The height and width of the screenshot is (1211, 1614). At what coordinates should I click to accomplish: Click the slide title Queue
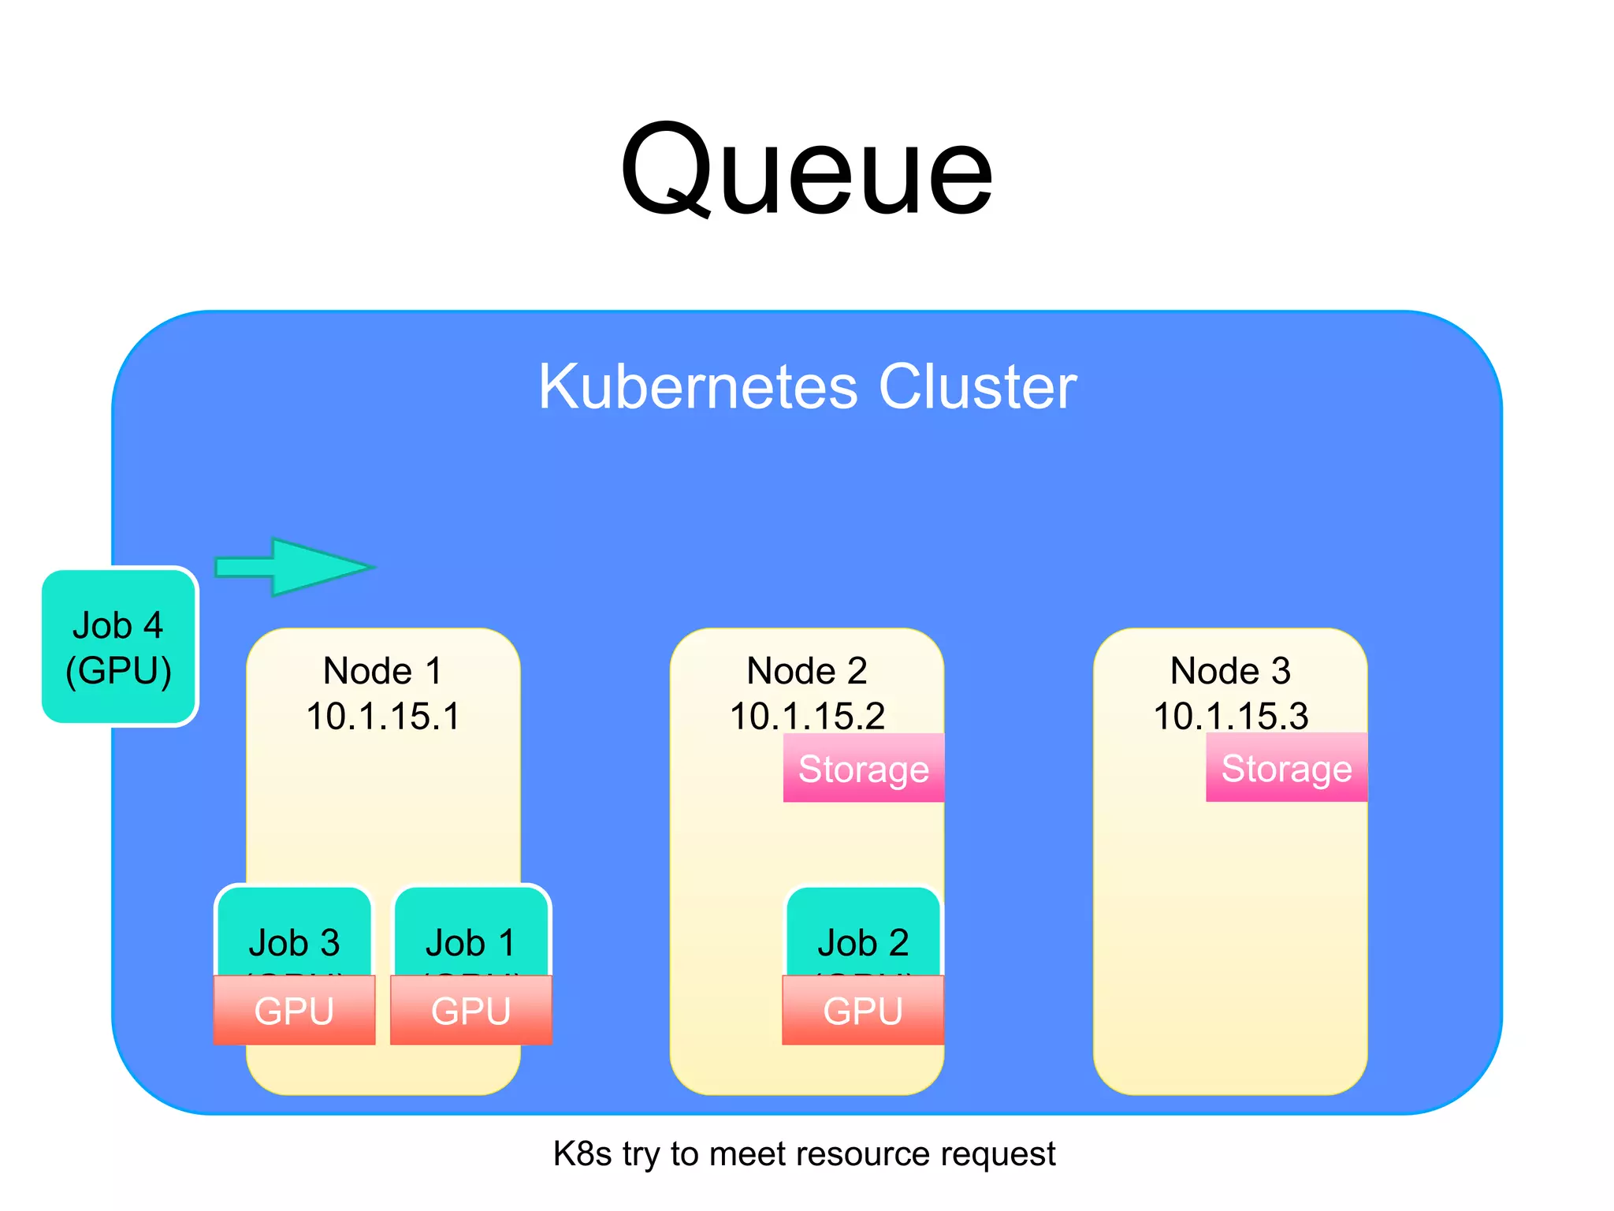(806, 169)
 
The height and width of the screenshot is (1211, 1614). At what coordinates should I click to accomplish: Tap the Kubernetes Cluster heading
(807, 386)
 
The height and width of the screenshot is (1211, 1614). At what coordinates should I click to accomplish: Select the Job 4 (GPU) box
(118, 646)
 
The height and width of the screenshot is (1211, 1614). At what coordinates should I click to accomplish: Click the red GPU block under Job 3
(294, 1011)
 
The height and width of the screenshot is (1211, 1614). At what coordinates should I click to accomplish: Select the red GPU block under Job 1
(471, 1011)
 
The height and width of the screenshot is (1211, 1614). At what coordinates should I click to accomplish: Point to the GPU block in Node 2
(863, 1011)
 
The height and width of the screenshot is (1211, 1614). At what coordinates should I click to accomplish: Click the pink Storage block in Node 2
(864, 769)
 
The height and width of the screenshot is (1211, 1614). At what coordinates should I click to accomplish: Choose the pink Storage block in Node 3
(1286, 769)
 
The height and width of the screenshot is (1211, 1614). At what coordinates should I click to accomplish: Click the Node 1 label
(383, 671)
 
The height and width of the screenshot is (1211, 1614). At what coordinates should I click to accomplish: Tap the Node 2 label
(807, 671)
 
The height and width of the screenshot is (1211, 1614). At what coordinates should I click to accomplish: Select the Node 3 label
(1230, 671)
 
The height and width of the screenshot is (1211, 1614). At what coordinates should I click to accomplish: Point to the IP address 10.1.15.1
(383, 716)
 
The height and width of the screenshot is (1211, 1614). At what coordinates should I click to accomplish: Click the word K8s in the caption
(582, 1154)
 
